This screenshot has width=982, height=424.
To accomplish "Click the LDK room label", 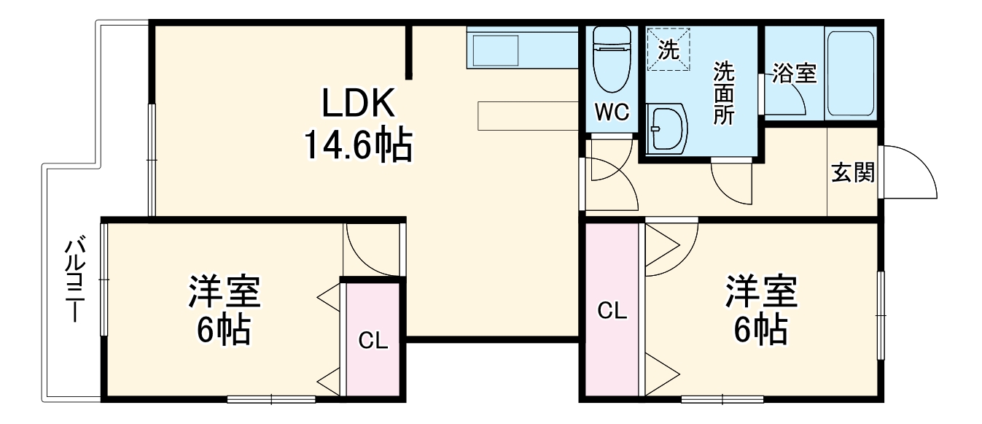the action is (x=359, y=103).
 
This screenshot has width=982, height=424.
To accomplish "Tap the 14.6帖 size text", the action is (x=358, y=144).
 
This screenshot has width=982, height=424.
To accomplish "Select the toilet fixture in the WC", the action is (x=612, y=59).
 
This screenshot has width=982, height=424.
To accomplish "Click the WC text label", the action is (x=612, y=113).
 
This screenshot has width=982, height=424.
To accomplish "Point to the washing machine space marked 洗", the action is (x=669, y=49).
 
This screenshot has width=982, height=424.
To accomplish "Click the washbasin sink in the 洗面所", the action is (x=667, y=129).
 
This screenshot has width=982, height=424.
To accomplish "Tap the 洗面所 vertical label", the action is (x=723, y=93).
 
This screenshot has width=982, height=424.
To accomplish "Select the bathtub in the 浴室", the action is (x=850, y=73).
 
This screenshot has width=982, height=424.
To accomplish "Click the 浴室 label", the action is (x=795, y=73).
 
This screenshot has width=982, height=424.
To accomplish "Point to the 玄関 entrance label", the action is (x=853, y=172).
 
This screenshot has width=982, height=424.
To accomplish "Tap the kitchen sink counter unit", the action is (x=522, y=47).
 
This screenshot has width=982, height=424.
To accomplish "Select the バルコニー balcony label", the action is (x=75, y=280).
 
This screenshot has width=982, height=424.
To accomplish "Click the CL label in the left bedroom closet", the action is (x=373, y=340).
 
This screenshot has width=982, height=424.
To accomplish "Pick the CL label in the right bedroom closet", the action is (x=612, y=311).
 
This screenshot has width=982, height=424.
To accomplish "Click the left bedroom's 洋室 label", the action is (x=225, y=291).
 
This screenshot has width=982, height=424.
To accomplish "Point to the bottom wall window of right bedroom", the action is (x=722, y=399).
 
